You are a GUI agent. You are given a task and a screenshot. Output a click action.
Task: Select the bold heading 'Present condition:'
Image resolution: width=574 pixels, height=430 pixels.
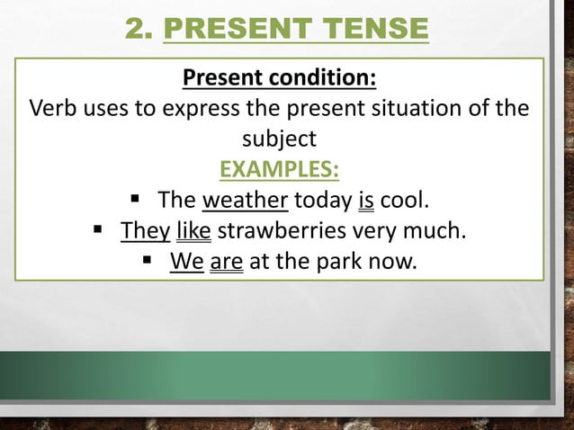click(x=279, y=78)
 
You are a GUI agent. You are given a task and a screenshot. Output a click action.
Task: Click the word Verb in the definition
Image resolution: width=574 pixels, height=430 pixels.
click(x=54, y=110)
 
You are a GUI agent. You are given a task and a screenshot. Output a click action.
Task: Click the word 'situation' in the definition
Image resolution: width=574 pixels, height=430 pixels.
click(x=399, y=110)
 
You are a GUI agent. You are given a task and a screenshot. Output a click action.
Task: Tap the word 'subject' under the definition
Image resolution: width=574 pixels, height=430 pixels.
click(x=279, y=139)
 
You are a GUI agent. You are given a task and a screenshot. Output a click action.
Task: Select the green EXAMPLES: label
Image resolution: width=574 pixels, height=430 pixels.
click(x=279, y=169)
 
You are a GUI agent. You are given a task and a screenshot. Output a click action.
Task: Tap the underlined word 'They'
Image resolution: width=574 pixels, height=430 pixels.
click(x=145, y=231)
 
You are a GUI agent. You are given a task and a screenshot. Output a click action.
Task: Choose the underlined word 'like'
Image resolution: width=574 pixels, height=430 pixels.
click(x=193, y=231)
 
